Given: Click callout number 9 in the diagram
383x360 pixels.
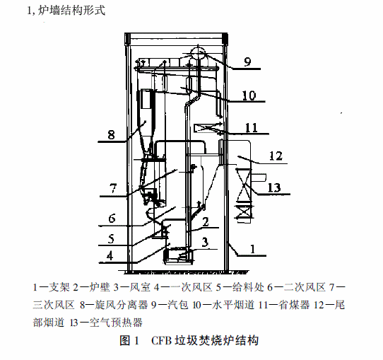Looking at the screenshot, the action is [x=247, y=62].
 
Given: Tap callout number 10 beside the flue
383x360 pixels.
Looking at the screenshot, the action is [x=249, y=95].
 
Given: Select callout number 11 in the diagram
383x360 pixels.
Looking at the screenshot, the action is [x=252, y=128].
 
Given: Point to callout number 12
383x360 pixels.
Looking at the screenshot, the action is [x=276, y=156].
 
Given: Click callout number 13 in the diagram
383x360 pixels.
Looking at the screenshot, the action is [x=274, y=187].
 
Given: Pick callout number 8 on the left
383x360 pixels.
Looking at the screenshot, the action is [x=111, y=134].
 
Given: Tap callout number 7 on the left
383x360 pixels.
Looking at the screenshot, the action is [x=113, y=188].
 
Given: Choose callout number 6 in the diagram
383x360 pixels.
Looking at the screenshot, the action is [x=112, y=219].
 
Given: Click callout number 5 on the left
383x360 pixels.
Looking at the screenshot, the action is [x=111, y=239].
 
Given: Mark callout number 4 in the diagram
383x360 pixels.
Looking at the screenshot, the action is [x=110, y=256].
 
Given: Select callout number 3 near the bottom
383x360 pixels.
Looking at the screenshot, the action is [x=205, y=242].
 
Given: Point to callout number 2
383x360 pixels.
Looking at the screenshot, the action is [x=206, y=222].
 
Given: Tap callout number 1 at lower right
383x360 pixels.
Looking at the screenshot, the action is [x=252, y=249].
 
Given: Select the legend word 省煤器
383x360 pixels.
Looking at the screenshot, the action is [x=294, y=305].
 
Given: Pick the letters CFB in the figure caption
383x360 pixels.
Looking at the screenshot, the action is [x=161, y=340].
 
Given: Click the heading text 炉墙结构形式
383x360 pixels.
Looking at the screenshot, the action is [x=72, y=11].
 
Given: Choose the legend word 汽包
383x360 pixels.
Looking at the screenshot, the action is [x=178, y=305].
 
